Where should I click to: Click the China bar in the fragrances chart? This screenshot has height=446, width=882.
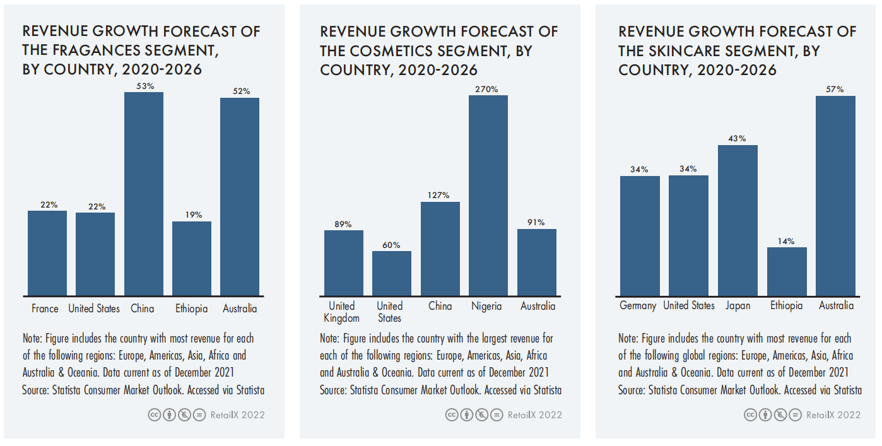click(x=144, y=194)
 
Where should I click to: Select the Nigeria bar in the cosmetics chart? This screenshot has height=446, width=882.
click(x=488, y=196)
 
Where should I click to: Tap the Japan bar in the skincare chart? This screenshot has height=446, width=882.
click(x=738, y=221)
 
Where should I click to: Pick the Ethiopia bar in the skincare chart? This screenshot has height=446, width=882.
click(x=787, y=271)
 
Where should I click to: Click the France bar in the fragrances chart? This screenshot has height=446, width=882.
click(x=47, y=253)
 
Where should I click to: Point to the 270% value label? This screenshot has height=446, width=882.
click(x=487, y=90)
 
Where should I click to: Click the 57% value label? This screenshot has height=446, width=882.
click(x=835, y=90)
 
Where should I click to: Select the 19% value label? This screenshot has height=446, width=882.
click(x=192, y=215)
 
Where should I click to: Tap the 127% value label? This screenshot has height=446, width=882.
click(x=440, y=196)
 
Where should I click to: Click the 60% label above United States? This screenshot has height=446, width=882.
click(x=391, y=245)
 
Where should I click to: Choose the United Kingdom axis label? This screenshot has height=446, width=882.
click(x=342, y=312)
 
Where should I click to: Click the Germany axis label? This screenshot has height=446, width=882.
click(x=638, y=306)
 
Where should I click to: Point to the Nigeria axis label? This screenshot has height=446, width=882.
click(x=486, y=307)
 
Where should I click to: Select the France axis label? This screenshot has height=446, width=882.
click(x=45, y=309)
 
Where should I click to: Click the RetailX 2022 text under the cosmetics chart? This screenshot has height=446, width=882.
click(x=534, y=415)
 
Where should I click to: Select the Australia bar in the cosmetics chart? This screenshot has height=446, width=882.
click(x=537, y=262)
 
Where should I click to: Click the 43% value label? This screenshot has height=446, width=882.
click(x=738, y=139)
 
